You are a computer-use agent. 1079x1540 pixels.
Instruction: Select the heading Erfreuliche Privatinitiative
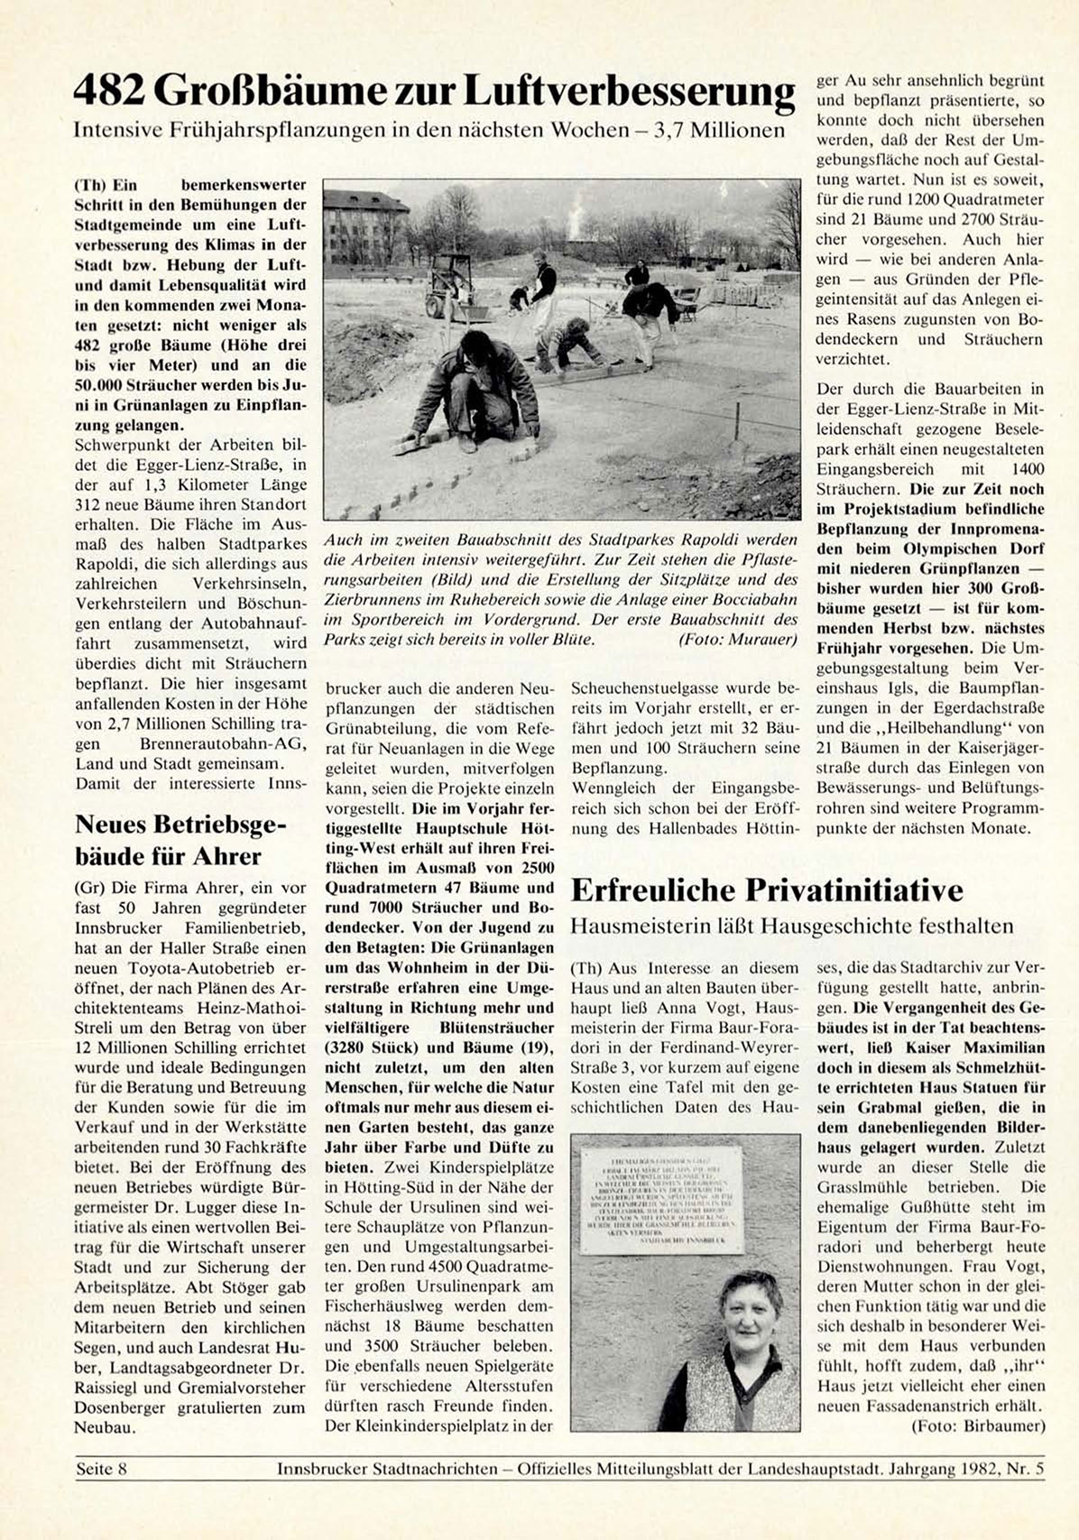pyautogui.click(x=767, y=890)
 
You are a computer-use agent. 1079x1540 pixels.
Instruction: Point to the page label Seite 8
pyautogui.click(x=101, y=1469)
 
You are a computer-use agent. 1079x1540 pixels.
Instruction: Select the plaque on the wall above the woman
pyautogui.click(x=661, y=1199)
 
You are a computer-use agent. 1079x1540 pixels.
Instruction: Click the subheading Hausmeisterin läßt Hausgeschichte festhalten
pyautogui.click(x=792, y=926)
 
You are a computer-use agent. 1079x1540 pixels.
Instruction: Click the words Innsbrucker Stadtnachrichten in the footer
pyautogui.click(x=387, y=1469)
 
